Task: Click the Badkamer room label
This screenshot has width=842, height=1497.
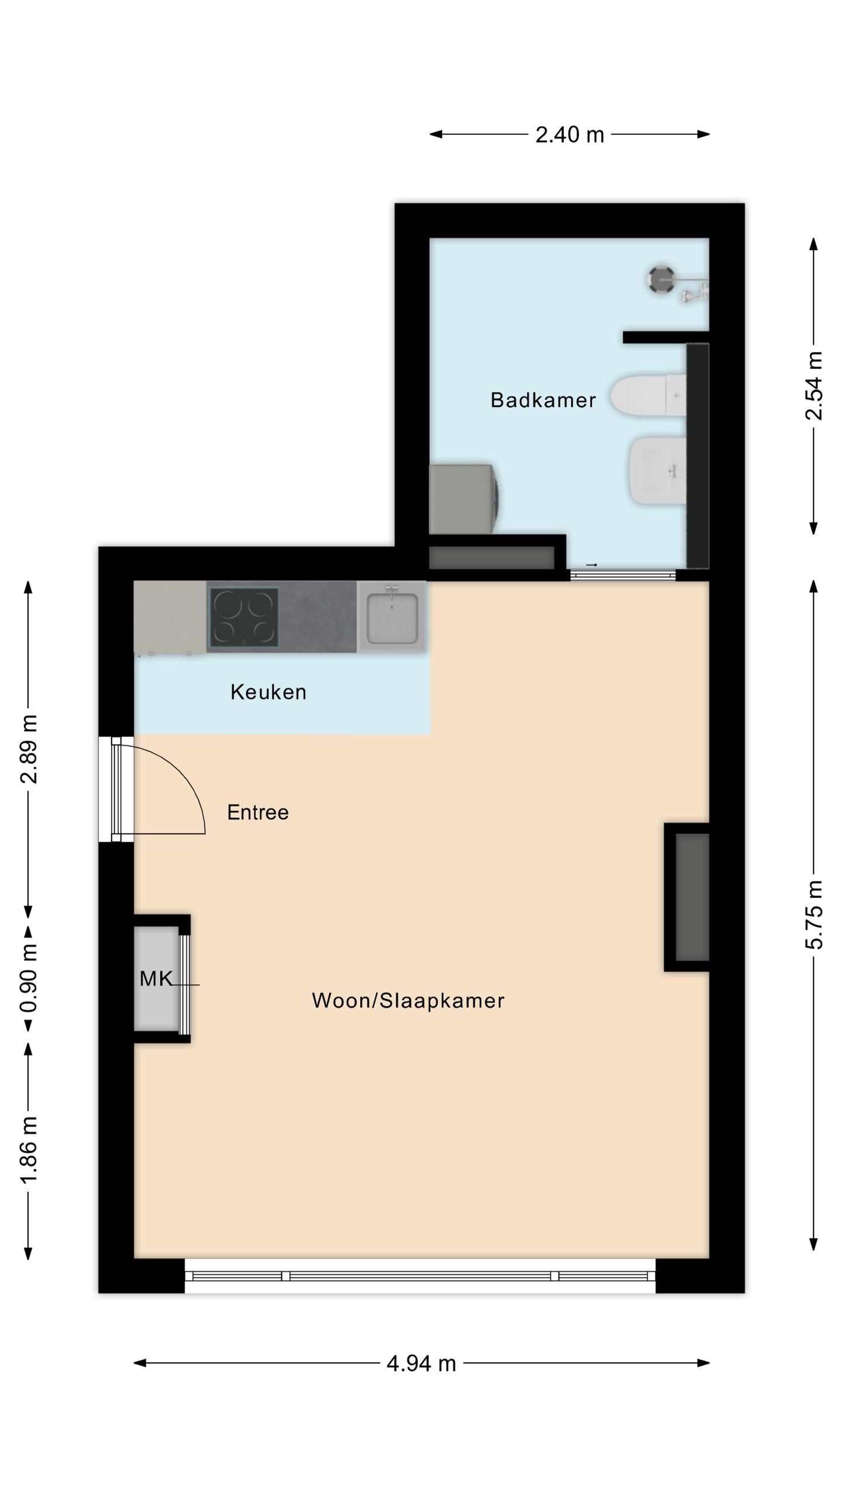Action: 543,400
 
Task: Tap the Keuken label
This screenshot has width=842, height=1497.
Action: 268,692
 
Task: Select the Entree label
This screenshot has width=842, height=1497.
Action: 258,812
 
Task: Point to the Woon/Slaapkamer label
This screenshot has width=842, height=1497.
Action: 408,1001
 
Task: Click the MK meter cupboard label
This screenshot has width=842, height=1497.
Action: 156,978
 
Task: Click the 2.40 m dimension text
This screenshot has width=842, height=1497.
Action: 570,135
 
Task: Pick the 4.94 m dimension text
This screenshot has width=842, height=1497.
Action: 421,1364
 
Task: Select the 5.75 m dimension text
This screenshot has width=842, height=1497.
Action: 814,914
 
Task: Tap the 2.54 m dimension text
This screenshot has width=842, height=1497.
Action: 814,385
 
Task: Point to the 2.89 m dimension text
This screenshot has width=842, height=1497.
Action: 29,749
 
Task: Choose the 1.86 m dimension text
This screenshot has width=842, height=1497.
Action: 29,1150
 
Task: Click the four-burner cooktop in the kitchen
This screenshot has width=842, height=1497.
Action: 243,617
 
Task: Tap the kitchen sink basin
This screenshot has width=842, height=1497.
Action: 392,617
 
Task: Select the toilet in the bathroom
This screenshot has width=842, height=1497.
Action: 648,396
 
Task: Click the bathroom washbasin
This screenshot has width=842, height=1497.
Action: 657,471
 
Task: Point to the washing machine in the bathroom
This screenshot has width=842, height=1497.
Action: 465,499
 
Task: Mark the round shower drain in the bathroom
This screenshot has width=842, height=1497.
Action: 661,278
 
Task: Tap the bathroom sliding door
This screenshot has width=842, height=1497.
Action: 623,575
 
